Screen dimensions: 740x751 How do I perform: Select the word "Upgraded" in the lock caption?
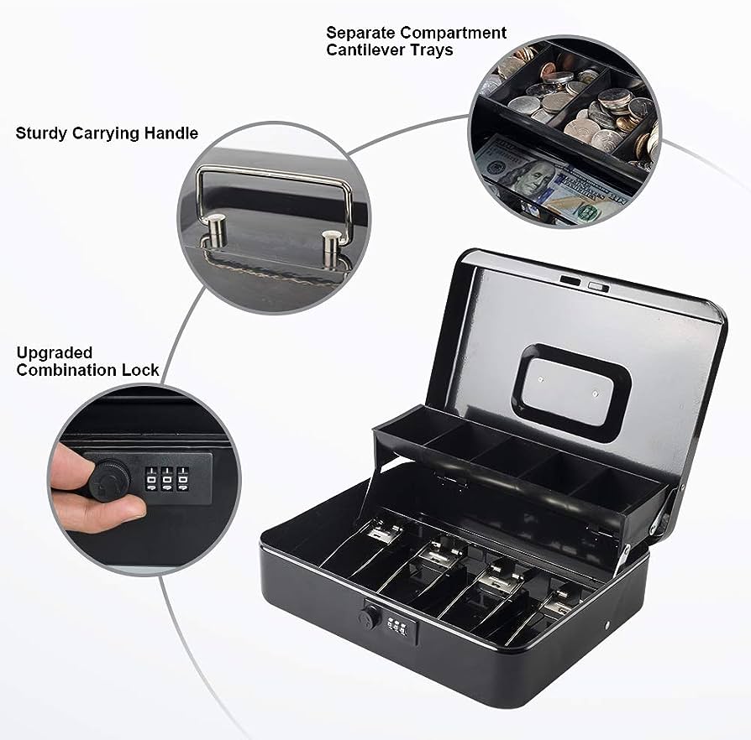pyautogui.click(x=54, y=352)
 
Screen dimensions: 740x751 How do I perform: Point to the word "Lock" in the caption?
pyautogui.click(x=140, y=370)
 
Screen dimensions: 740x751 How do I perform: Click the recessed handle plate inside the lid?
pyautogui.click(x=572, y=393)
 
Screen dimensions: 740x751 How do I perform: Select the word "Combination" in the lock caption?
pyautogui.click(x=66, y=370)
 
